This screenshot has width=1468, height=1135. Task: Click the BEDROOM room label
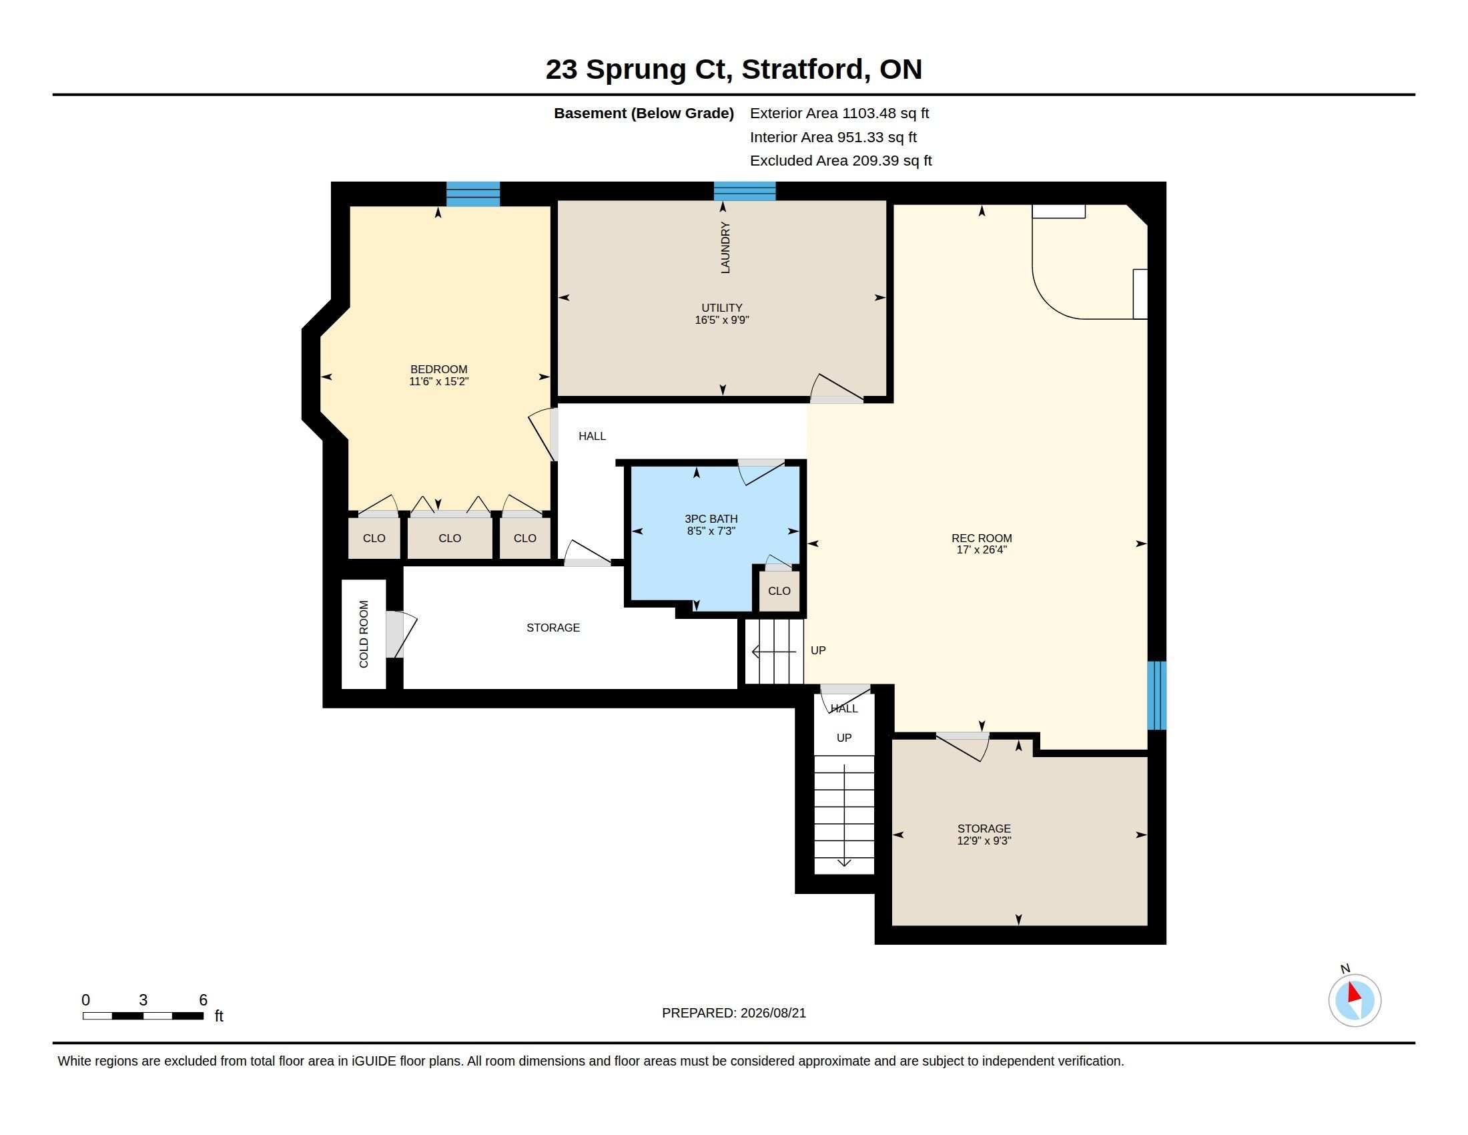438,369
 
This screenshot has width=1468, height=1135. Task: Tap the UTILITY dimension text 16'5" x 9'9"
721,320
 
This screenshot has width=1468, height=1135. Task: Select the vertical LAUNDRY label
725,248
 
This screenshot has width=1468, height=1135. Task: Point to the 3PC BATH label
711,518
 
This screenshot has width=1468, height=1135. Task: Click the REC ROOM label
982,538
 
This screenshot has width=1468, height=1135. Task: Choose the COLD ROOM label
364,634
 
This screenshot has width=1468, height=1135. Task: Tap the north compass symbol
1355,999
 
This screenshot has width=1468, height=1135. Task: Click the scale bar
143,1015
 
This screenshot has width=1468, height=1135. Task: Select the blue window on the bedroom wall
473,194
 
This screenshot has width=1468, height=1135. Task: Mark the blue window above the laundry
745,191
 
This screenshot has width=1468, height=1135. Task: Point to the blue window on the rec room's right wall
1156,695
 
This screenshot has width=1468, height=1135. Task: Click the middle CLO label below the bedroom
450,538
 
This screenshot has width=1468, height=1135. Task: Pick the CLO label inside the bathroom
779,590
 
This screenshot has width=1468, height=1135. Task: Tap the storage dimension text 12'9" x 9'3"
984,841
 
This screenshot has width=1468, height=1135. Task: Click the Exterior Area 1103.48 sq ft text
839,113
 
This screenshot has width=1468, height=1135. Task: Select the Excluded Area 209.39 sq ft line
841,161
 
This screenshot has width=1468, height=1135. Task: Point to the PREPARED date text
734,1013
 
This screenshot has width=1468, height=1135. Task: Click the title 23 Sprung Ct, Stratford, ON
734,69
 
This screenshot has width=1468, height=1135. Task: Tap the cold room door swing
401,634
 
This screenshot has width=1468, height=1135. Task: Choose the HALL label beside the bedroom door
592,437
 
